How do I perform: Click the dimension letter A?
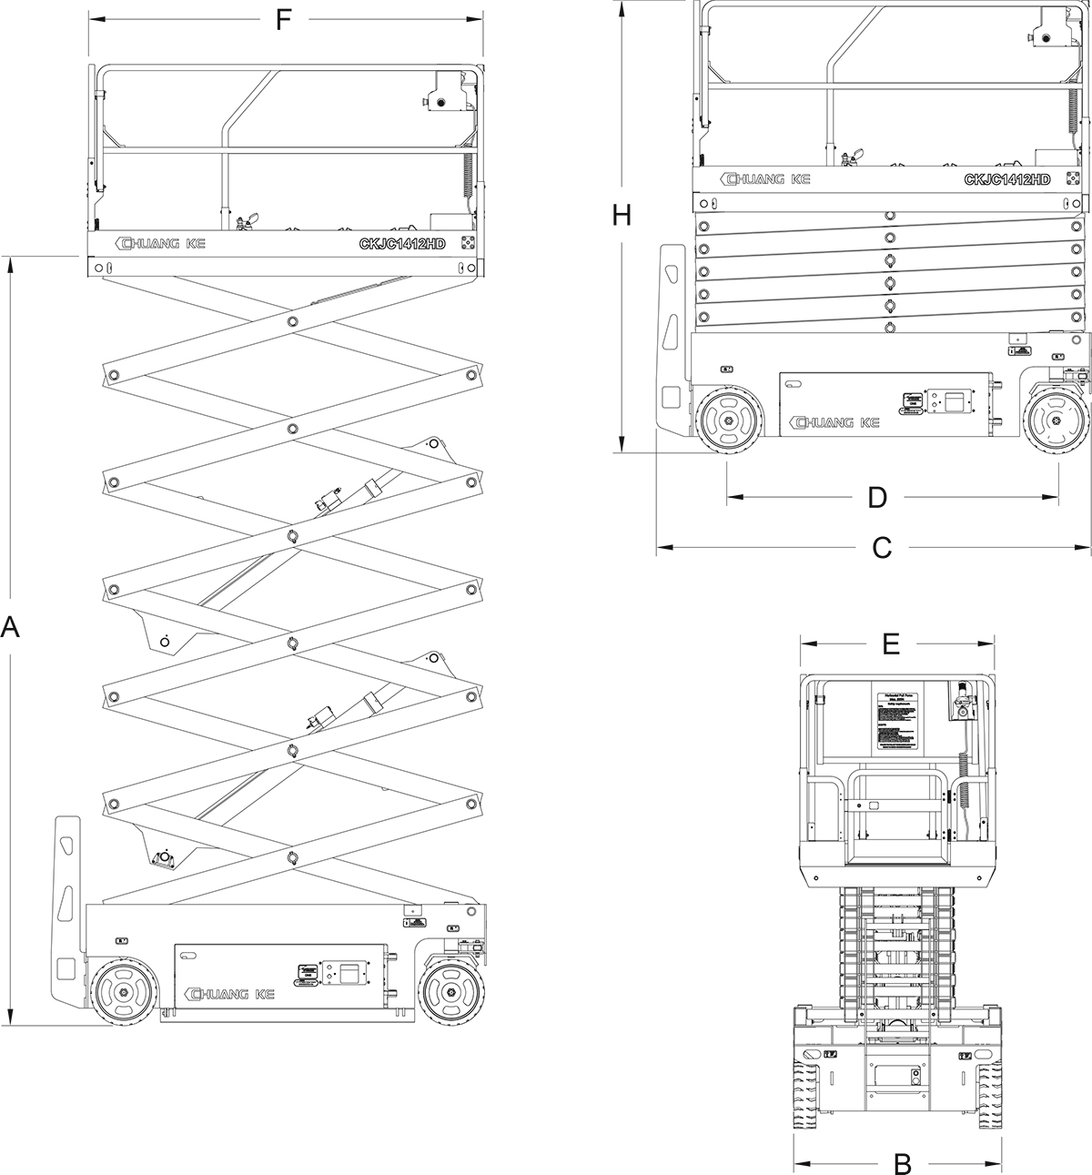pos(10,627)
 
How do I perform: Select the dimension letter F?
pos(284,20)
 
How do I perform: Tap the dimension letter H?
pos(622,215)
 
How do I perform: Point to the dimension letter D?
pos(876,497)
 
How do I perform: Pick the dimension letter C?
pos(882,547)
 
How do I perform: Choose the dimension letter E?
pos(891,643)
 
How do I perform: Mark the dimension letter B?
pos(902,1161)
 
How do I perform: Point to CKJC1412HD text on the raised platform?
pos(401,243)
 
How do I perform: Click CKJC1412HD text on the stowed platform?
pos(1006,180)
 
